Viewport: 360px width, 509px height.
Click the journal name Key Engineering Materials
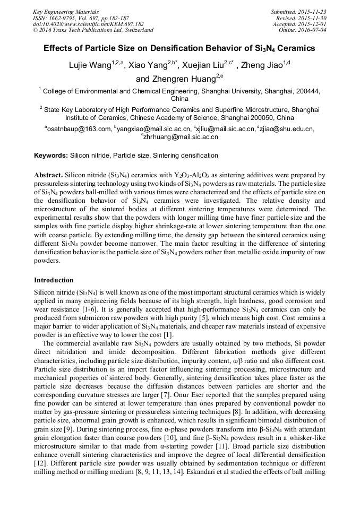point(66,11)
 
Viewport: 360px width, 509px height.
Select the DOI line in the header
point(88,24)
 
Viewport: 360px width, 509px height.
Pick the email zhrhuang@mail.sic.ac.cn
point(181,136)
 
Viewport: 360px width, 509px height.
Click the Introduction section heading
point(54,280)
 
